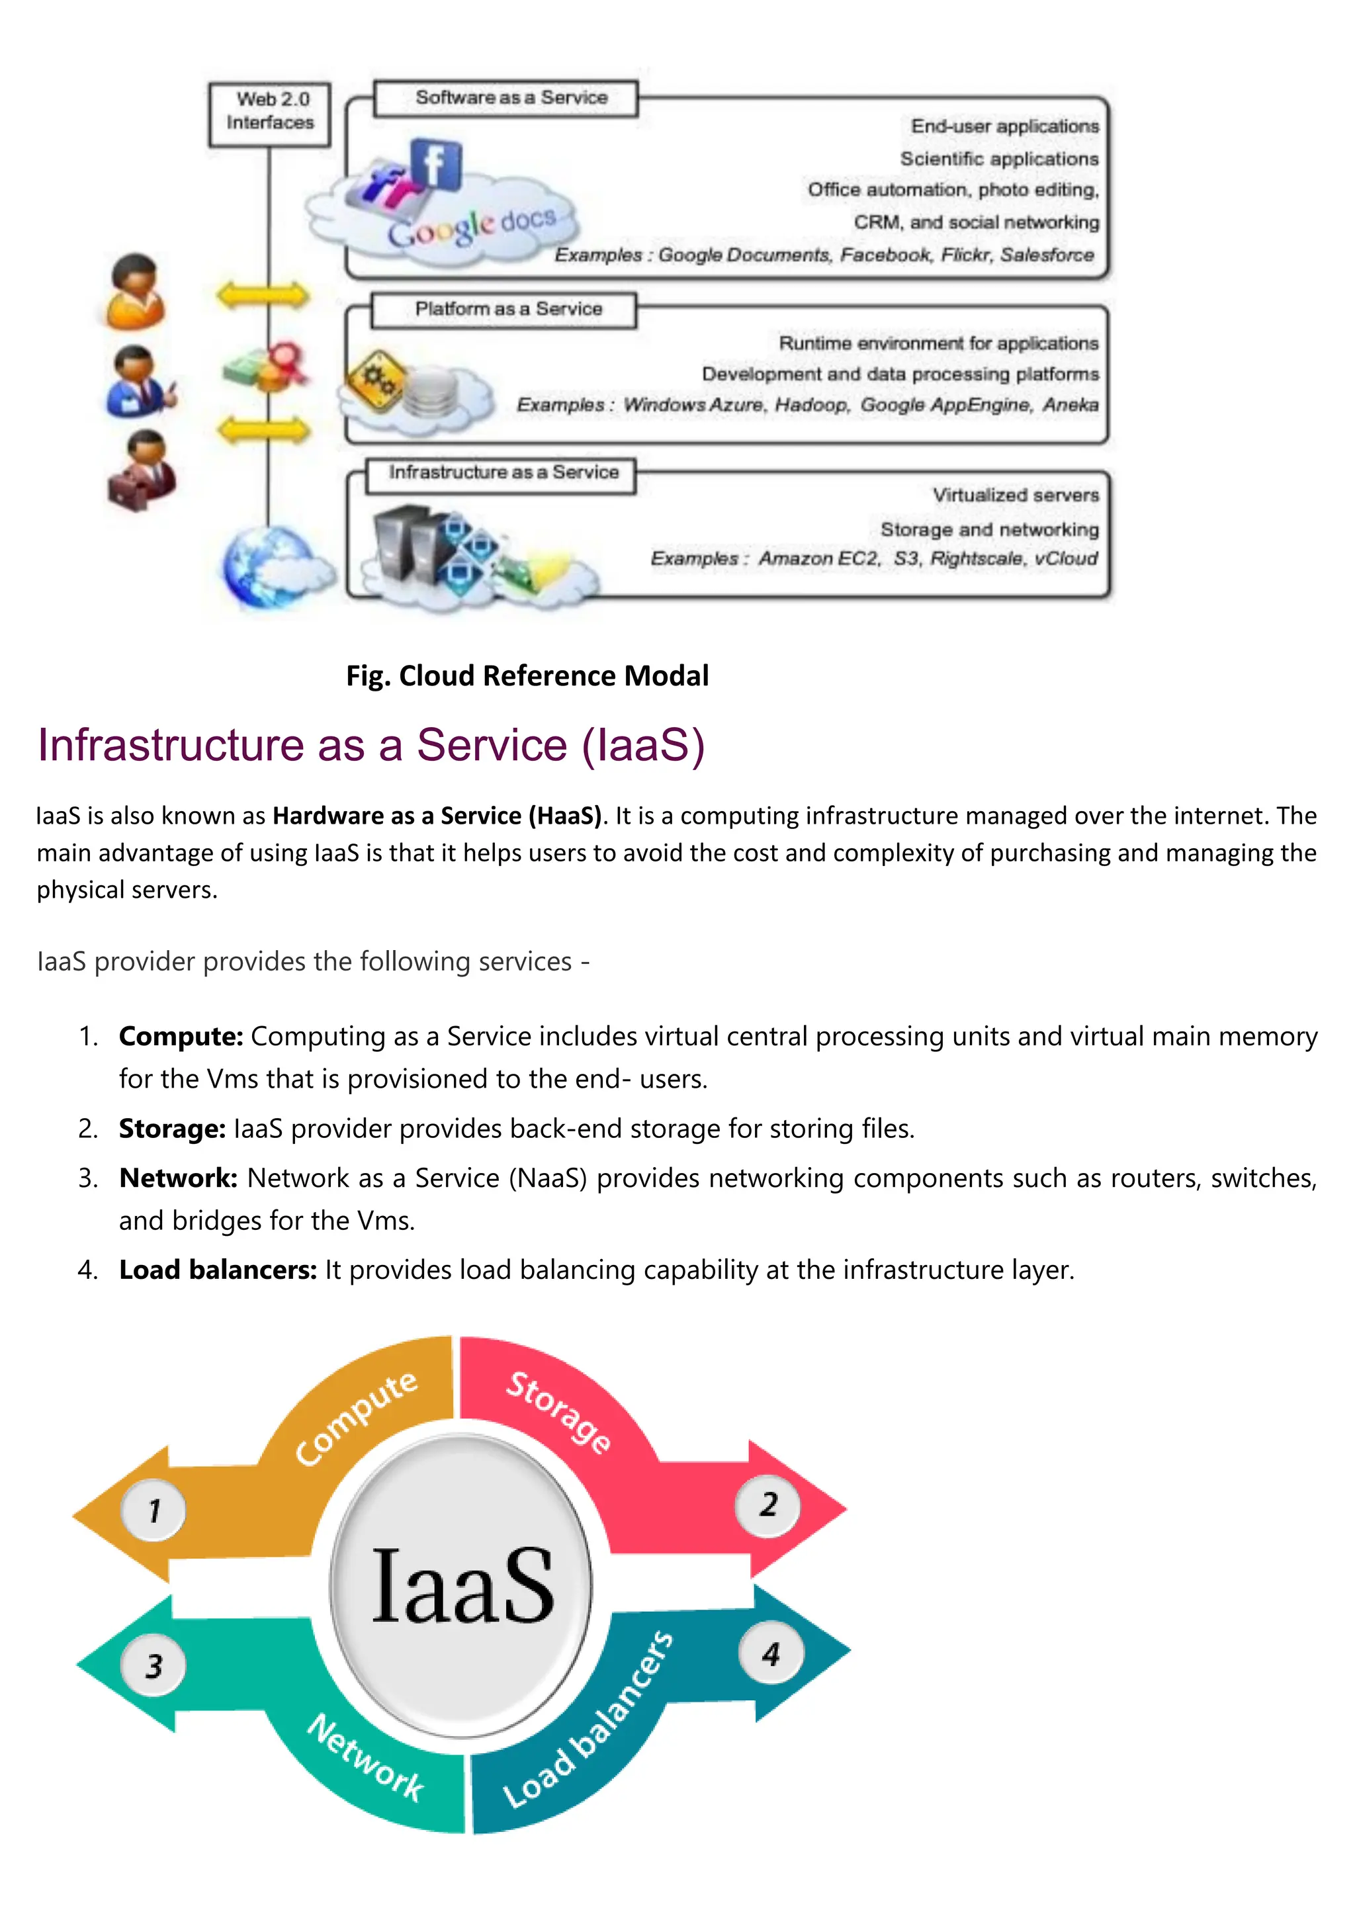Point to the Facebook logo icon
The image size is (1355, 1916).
click(x=435, y=163)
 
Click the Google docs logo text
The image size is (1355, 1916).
click(x=472, y=228)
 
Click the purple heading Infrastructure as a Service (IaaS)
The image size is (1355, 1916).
click(x=371, y=745)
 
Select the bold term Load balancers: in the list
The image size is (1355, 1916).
click(x=218, y=1270)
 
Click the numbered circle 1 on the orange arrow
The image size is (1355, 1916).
click(x=154, y=1510)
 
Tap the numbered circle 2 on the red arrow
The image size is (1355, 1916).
click(x=768, y=1504)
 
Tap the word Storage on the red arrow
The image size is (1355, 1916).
click(x=559, y=1411)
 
